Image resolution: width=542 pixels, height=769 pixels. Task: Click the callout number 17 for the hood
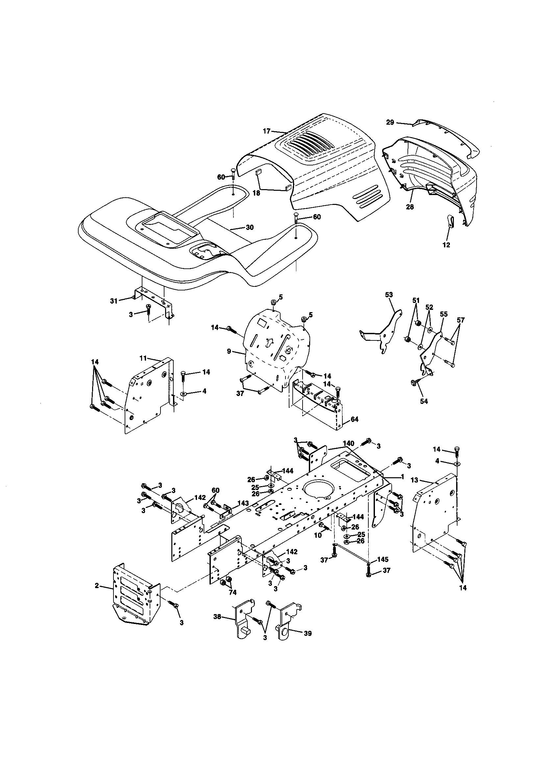[266, 131]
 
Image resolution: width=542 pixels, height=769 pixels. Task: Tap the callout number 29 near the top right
[390, 122]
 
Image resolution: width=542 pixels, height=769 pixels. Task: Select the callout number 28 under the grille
[410, 207]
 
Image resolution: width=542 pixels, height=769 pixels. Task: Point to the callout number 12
[446, 245]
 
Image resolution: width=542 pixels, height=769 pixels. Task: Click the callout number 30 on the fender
[250, 227]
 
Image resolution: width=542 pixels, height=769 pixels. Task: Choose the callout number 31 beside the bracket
[114, 301]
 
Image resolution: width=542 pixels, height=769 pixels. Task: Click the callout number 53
[389, 295]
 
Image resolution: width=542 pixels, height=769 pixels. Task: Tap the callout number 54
[424, 401]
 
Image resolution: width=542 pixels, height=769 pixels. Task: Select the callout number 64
[355, 419]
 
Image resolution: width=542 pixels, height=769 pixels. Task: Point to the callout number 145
[383, 559]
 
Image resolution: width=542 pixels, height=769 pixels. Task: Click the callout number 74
[233, 592]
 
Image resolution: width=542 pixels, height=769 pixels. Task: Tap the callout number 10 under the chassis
[318, 535]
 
